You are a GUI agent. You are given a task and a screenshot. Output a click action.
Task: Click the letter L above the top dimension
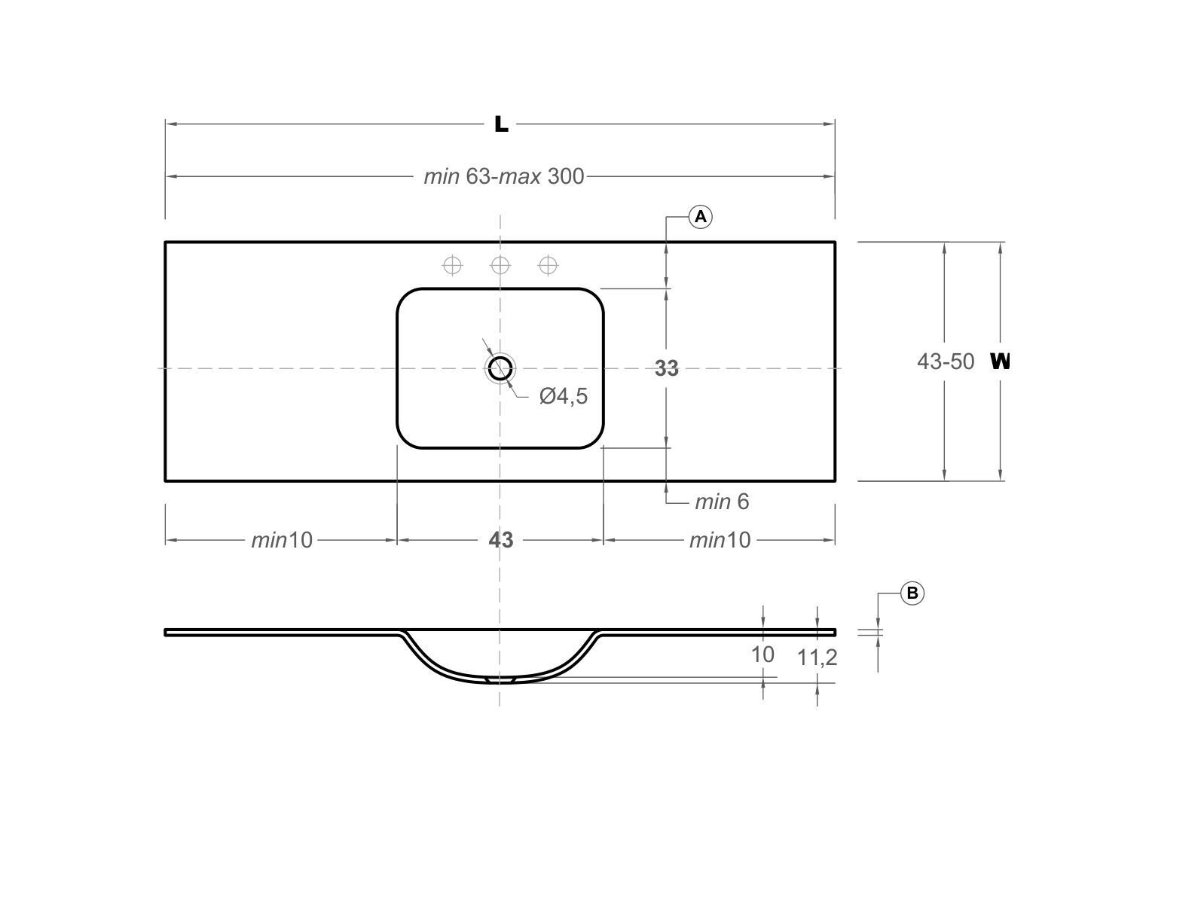501,124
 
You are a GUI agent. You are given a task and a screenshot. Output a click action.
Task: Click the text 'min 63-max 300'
503,176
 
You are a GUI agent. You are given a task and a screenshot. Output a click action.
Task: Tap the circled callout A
701,217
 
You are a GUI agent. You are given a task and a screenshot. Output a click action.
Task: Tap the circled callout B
912,593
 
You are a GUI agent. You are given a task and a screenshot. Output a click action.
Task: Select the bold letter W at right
1000,362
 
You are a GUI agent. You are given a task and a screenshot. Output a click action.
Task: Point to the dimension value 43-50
945,362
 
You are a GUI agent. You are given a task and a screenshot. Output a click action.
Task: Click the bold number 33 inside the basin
666,368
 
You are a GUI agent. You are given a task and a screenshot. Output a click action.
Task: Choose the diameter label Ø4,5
564,396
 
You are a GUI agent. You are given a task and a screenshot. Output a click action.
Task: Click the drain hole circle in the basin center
500,368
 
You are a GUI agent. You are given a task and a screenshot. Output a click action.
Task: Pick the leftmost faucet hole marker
452,265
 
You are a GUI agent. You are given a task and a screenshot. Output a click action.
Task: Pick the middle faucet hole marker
500,265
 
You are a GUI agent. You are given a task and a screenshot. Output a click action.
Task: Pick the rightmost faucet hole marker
549,265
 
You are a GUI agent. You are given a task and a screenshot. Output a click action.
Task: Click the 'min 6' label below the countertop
722,502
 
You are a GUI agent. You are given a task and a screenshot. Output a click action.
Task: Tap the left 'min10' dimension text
282,540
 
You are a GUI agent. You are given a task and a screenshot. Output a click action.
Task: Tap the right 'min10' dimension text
720,540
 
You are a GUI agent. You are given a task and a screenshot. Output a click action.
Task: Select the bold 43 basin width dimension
501,540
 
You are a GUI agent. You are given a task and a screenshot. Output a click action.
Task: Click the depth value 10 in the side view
762,654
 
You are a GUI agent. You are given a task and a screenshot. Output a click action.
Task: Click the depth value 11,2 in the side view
817,658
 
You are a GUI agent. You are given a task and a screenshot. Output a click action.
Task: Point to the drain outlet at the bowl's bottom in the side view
500,680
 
